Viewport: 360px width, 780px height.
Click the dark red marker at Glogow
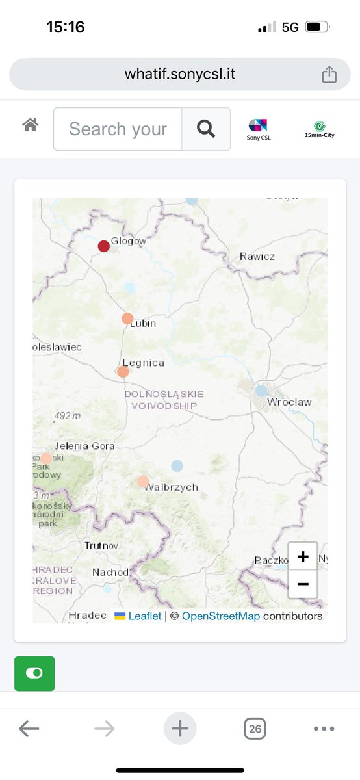coord(104,246)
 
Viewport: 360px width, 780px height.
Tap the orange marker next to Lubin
coord(127,318)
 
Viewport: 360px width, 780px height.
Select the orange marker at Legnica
coord(123,372)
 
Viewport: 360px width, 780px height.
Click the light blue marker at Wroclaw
coord(261,391)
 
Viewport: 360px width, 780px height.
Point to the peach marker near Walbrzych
coord(143,482)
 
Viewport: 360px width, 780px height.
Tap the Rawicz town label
coord(257,256)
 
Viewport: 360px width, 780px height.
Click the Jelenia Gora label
coord(84,446)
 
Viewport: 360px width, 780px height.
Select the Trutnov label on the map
coord(101,546)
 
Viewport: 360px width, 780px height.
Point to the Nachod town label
coord(110,573)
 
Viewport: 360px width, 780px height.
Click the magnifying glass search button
coord(206,129)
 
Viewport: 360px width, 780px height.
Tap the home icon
coord(30,125)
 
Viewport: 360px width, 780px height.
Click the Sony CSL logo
coord(257,129)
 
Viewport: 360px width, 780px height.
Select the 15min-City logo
coord(318,129)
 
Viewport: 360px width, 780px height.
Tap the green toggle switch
coord(34,673)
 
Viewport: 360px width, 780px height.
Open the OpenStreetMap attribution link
coord(221,616)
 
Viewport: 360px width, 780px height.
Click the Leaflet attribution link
coord(144,616)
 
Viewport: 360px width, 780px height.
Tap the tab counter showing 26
coord(255,729)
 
